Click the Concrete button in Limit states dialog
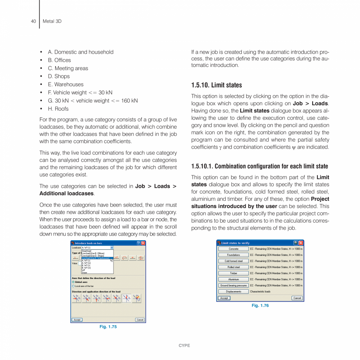[233, 249]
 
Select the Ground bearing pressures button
[233, 286]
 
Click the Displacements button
[233, 292]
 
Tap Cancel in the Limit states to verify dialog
[297, 298]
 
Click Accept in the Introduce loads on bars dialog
[77, 320]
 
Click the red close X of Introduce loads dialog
[143, 243]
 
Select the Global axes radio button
[73, 282]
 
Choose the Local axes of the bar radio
[73, 286]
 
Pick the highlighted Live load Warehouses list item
[96, 258]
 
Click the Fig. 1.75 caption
[108, 327]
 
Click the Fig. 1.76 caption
[260, 306]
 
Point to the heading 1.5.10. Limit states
[216, 85]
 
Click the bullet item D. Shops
[59, 76]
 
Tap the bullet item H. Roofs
[58, 109]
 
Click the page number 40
[34, 21]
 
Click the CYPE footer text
[184, 346]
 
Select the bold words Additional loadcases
[66, 193]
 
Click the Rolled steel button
[233, 267]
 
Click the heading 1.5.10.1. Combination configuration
[259, 166]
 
